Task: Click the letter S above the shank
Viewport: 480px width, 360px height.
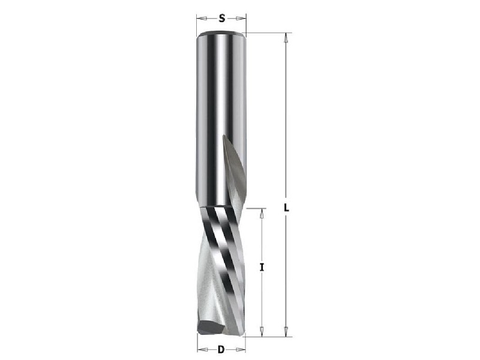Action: coord(221,19)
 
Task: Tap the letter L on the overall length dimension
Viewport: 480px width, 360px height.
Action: coord(287,208)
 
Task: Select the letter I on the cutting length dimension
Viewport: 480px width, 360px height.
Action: coord(262,268)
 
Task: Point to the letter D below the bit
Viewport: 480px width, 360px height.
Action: coord(221,349)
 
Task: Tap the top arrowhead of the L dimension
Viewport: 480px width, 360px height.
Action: coord(286,37)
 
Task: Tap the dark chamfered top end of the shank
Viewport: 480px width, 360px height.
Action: coord(221,33)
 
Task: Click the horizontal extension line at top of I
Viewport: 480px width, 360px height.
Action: coord(255,208)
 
